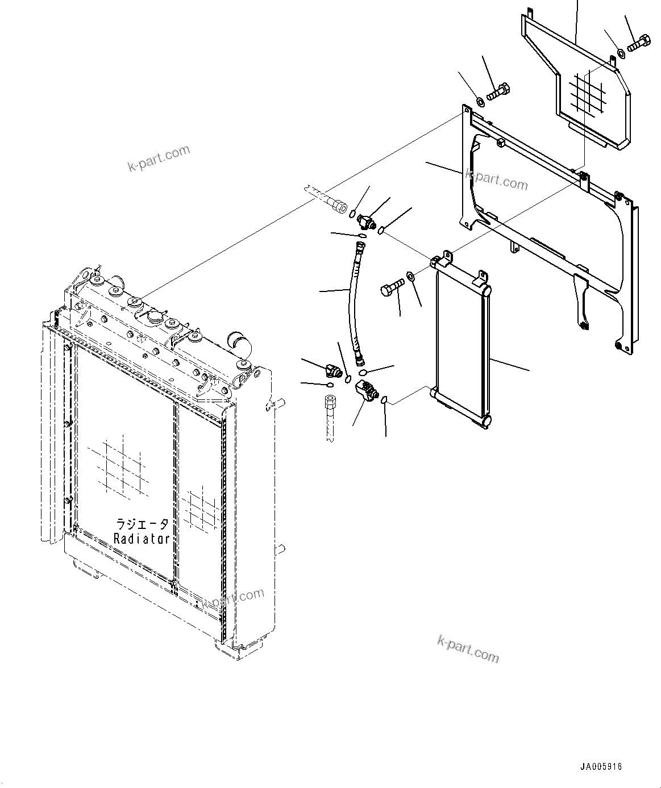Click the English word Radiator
click(x=142, y=539)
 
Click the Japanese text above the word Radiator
click(x=142, y=524)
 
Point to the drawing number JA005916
click(x=601, y=767)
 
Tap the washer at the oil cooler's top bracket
click(x=410, y=277)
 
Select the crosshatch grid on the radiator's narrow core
click(x=202, y=507)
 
